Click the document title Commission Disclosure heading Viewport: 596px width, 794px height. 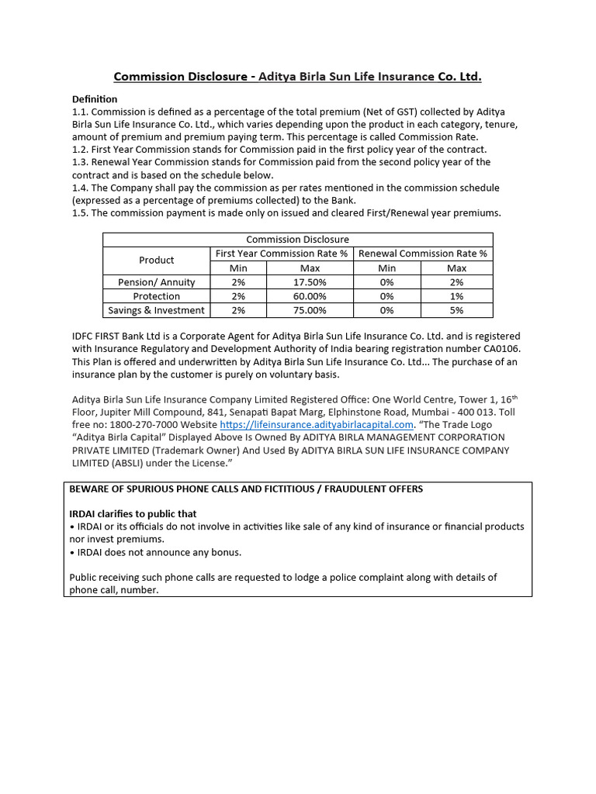[298, 76]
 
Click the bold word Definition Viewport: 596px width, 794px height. [95, 99]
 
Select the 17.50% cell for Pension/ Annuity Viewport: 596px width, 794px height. [310, 282]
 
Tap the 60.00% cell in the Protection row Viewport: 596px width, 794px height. [310, 296]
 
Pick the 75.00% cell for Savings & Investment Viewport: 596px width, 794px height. [310, 310]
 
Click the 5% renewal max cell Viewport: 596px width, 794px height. [456, 310]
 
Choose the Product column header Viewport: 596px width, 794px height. [157, 261]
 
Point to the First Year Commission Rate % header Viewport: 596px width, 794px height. [282, 254]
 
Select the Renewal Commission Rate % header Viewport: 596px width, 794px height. [423, 254]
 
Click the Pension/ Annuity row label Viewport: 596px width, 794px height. [157, 282]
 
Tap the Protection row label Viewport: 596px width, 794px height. [157, 296]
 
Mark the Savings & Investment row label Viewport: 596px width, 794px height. [157, 310]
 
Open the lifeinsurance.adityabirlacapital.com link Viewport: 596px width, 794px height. [317, 425]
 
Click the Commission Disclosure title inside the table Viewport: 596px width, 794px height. [297, 240]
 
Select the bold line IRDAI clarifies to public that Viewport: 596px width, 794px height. [133, 513]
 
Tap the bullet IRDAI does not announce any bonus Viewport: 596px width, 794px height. [156, 552]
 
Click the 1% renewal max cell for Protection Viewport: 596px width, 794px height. [456, 296]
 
